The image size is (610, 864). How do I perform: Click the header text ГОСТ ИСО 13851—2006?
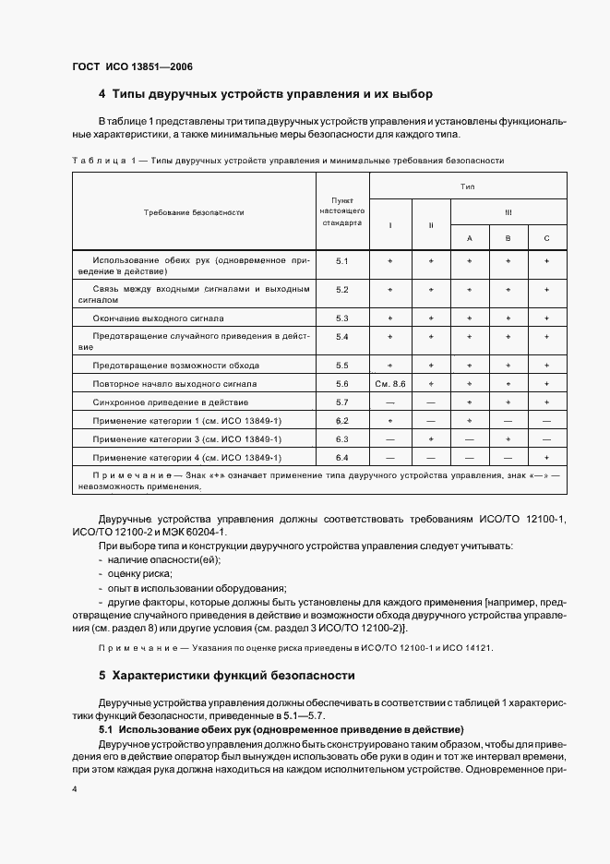[x=131, y=66]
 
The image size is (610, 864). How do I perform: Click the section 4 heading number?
[x=102, y=94]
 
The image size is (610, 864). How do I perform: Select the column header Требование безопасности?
[x=194, y=212]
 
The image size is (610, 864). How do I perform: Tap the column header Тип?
[x=468, y=186]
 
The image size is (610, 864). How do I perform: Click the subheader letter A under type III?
[x=469, y=238]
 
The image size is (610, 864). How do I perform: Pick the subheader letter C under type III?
[x=547, y=238]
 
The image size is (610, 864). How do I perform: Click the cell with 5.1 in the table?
[x=341, y=262]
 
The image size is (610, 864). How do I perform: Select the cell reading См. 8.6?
[x=390, y=383]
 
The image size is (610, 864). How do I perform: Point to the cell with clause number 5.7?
[x=341, y=402]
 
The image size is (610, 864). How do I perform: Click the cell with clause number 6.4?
[x=341, y=458]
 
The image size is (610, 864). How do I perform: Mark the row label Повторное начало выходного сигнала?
[x=162, y=383]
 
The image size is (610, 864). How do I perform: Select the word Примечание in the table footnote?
[x=127, y=474]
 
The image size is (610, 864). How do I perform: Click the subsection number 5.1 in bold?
[x=106, y=730]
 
